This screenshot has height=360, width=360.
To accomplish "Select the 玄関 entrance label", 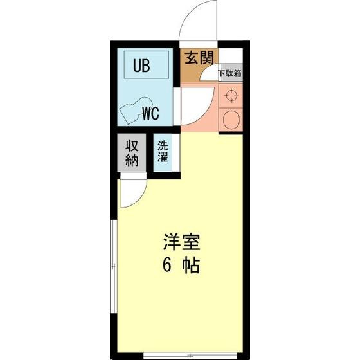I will click(199, 59).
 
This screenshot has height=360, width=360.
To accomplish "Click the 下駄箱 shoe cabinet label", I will click(230, 73).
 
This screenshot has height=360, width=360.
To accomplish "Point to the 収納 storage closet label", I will click(132, 152).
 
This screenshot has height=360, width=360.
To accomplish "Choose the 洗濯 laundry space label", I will click(163, 151).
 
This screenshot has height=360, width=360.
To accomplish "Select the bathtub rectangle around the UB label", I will click(145, 66).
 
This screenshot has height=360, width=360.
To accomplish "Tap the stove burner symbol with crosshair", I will click(231, 97).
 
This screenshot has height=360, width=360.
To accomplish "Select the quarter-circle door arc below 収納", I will click(132, 192).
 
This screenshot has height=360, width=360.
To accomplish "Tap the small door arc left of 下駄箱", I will click(209, 76).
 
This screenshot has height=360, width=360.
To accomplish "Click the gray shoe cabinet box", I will click(230, 73).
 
